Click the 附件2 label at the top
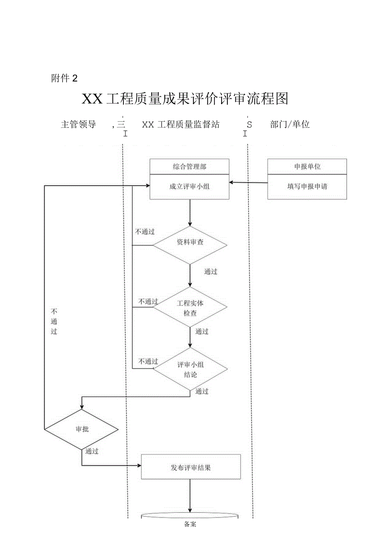(x=64, y=78)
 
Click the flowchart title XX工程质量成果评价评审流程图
(x=185, y=99)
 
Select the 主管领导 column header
(x=78, y=124)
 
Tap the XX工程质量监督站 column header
(x=181, y=124)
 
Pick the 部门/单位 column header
(x=290, y=124)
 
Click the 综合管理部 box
(x=189, y=167)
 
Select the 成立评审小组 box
(x=189, y=187)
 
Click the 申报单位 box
(x=307, y=167)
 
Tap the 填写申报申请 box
(x=307, y=187)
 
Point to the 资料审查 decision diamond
(x=190, y=245)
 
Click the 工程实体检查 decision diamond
(x=190, y=308)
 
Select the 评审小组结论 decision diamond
(x=190, y=369)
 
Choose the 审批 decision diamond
(x=82, y=430)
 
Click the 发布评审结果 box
(x=190, y=467)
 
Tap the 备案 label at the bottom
(x=190, y=524)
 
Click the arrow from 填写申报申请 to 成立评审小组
(x=248, y=182)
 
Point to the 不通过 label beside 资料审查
(x=145, y=232)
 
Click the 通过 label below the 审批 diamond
(x=92, y=452)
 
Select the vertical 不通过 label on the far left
(x=54, y=321)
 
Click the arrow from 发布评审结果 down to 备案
(x=190, y=496)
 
